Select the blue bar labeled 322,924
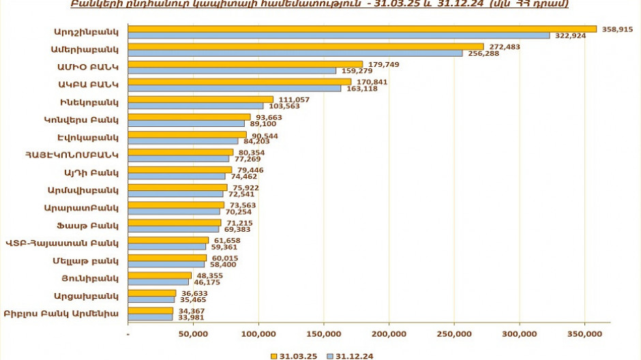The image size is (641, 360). [339, 35]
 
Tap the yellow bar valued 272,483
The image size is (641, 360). [306, 46]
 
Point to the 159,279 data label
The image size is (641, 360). [355, 71]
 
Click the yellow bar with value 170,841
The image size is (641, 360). [239, 82]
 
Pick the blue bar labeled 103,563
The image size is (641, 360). [196, 106]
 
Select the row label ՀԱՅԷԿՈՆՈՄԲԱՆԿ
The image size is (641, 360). [72, 155]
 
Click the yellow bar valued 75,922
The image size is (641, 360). [178, 187]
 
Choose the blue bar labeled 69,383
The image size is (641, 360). [173, 229]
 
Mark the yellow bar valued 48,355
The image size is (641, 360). [160, 275]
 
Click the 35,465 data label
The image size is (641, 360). [194, 299]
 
